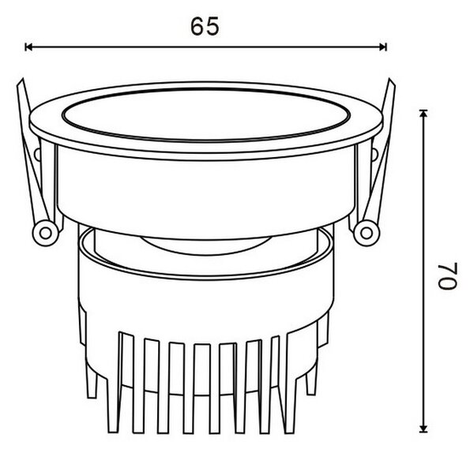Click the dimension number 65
(205, 26)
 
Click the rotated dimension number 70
(447, 276)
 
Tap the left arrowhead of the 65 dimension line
(28, 47)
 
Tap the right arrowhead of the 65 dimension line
(383, 47)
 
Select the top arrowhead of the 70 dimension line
(423, 113)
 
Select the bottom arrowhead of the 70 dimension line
(423, 428)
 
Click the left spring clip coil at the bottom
(45, 233)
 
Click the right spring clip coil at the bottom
(367, 233)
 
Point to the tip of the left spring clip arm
(22, 79)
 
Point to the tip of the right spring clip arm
(390, 79)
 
